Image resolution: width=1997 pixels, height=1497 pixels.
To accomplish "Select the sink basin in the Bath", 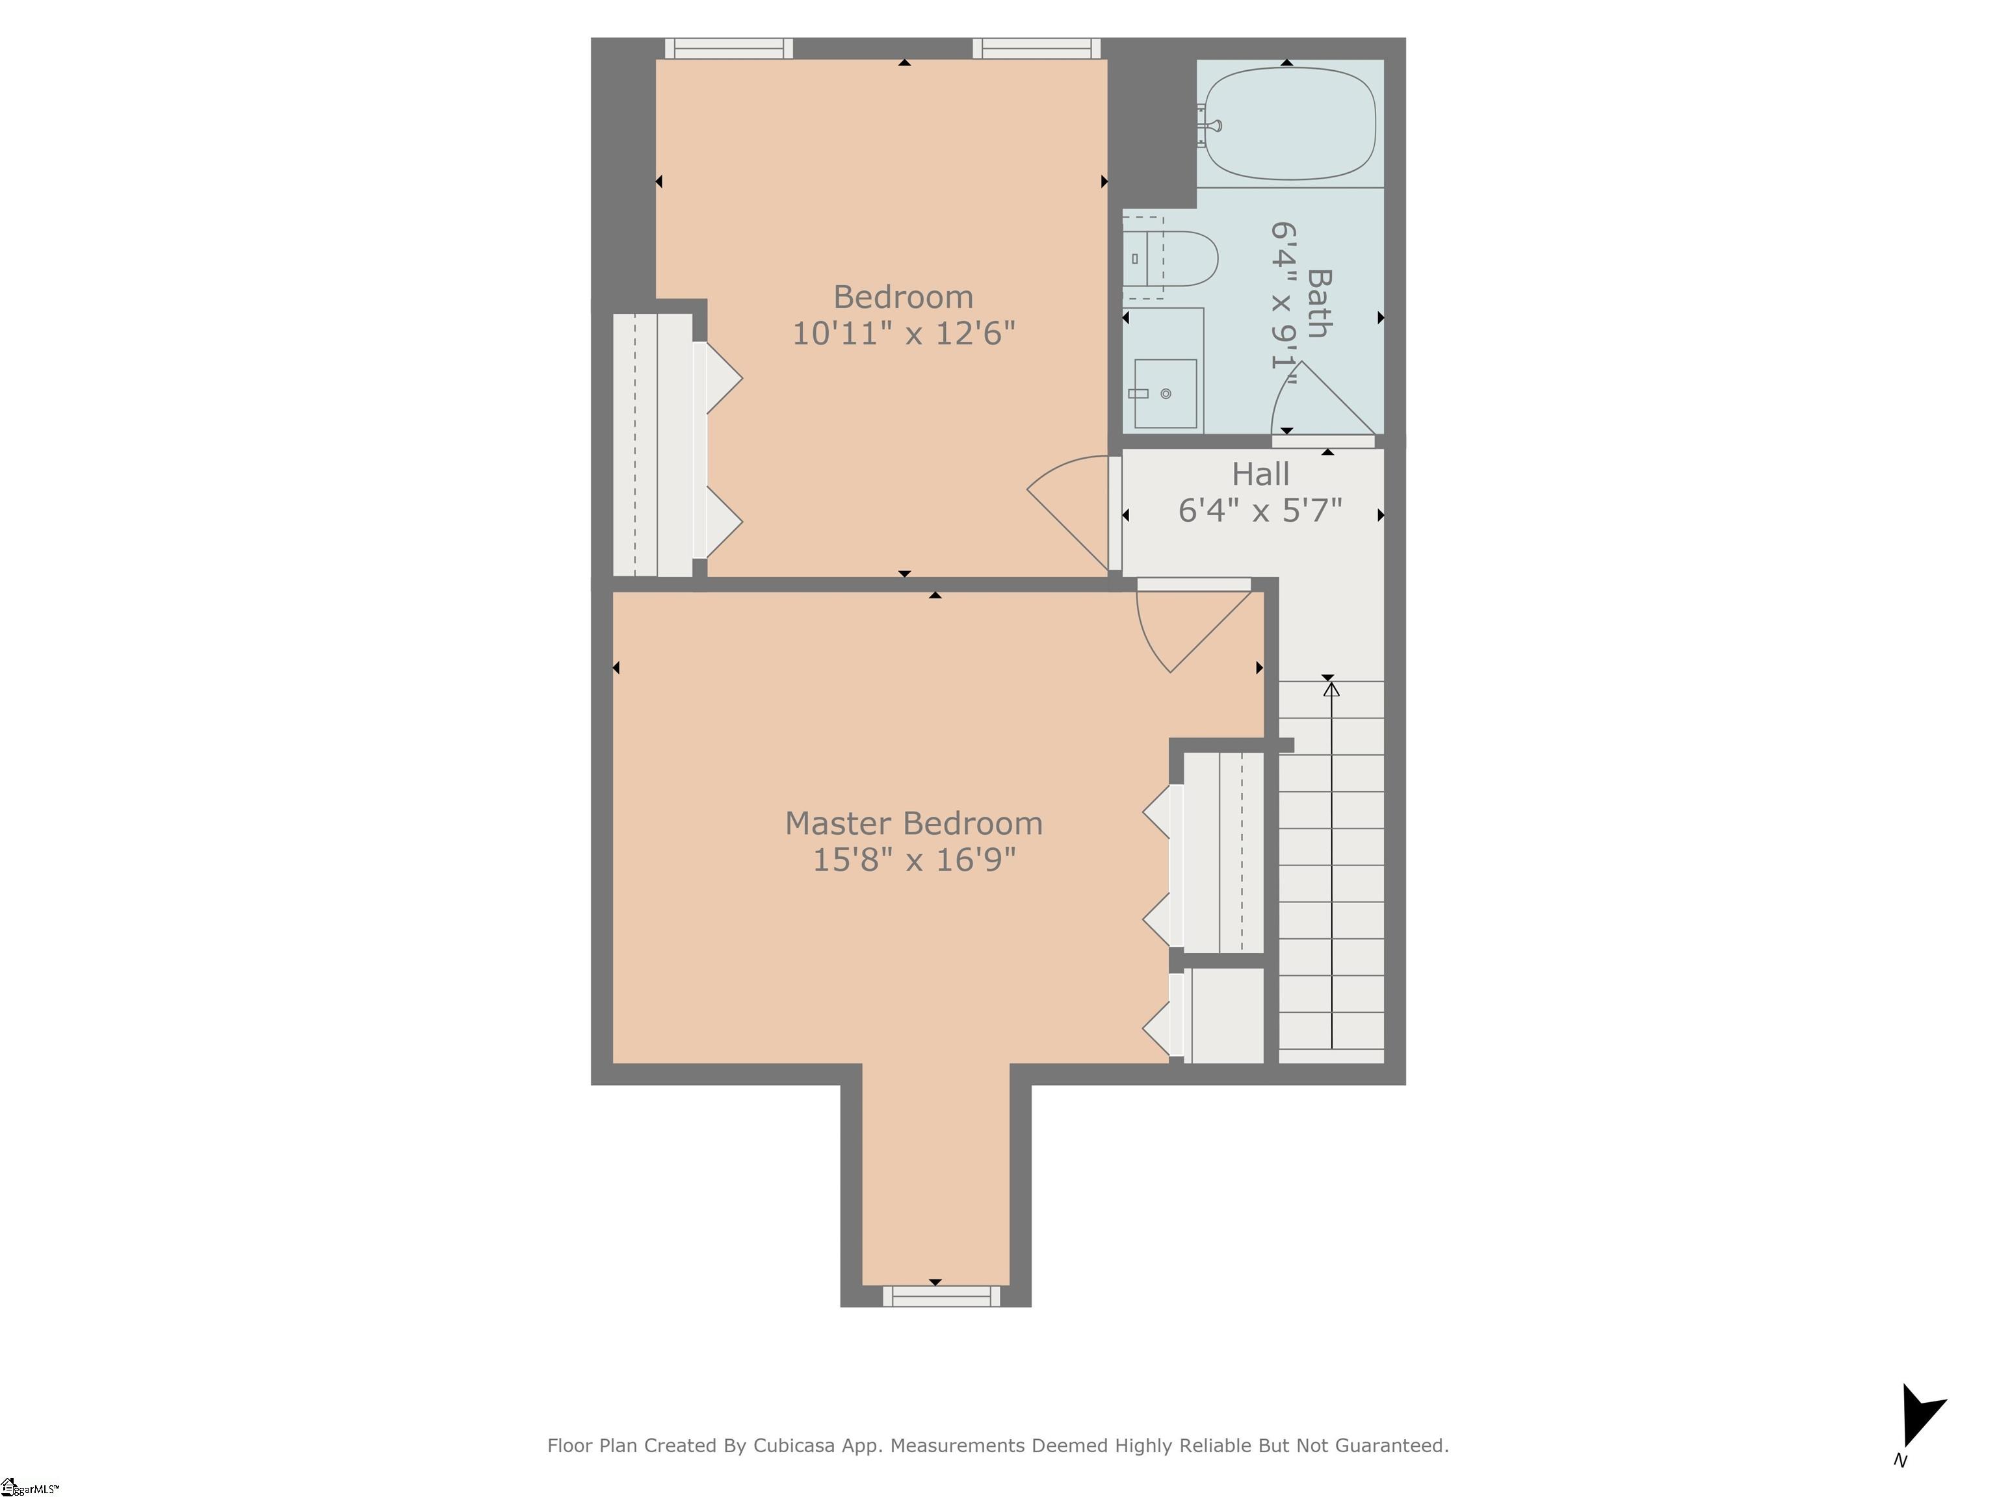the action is [x=1166, y=394].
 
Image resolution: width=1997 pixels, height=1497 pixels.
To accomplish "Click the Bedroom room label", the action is [x=903, y=297].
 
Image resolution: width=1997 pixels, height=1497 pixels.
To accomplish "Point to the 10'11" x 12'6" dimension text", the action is [x=903, y=334].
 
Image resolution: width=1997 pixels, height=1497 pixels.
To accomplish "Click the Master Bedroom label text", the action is [x=913, y=823].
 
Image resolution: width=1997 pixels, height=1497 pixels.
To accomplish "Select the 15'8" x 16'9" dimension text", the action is [x=913, y=860].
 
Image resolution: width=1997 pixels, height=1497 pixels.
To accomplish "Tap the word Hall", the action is [x=1260, y=474].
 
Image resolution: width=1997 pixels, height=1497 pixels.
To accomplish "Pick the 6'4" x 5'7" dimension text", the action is [x=1260, y=511].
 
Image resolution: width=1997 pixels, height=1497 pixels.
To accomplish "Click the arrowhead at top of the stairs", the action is [x=1331, y=689].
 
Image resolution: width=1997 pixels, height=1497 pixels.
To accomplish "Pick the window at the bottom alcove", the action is [x=942, y=1297].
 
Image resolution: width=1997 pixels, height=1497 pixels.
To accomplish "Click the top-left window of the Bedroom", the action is [x=729, y=49].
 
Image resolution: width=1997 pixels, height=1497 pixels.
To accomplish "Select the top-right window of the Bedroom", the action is [x=1036, y=49].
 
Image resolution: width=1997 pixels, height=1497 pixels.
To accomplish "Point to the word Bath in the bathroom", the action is [x=1319, y=303].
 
